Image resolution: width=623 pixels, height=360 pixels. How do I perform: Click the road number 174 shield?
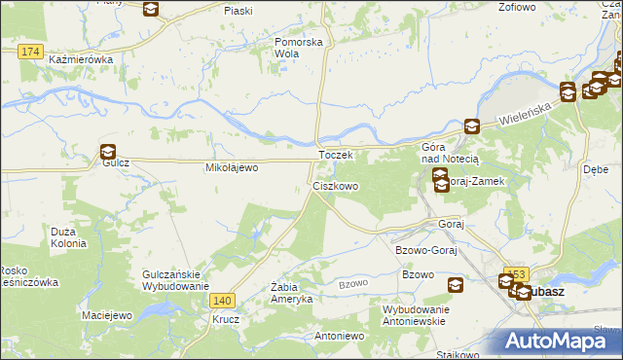click(x=30, y=50)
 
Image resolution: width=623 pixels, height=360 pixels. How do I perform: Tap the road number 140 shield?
click(x=223, y=301)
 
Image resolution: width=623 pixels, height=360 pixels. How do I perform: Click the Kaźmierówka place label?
click(x=81, y=59)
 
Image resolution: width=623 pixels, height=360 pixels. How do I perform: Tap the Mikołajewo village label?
click(x=231, y=168)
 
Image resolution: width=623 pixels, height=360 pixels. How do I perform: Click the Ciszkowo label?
click(x=335, y=185)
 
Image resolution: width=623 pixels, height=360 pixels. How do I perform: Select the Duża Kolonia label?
click(x=68, y=237)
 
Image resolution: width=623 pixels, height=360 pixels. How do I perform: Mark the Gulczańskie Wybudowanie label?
click(x=175, y=280)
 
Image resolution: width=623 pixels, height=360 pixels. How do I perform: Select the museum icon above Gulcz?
click(x=107, y=151)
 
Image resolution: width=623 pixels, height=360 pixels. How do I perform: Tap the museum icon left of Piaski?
click(x=151, y=10)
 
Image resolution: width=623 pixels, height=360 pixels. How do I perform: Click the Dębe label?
click(x=596, y=168)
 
